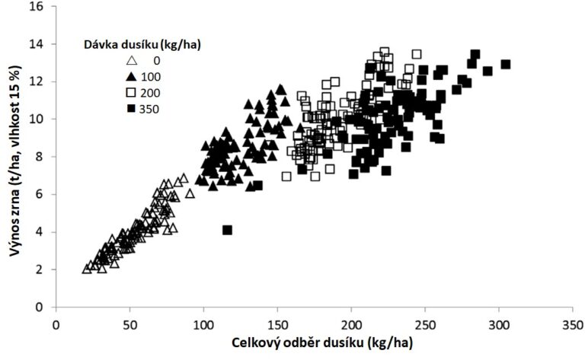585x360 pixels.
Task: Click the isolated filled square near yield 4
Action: pos(226,230)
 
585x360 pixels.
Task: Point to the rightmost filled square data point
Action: pos(505,65)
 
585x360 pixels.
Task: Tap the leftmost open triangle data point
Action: pos(87,269)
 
